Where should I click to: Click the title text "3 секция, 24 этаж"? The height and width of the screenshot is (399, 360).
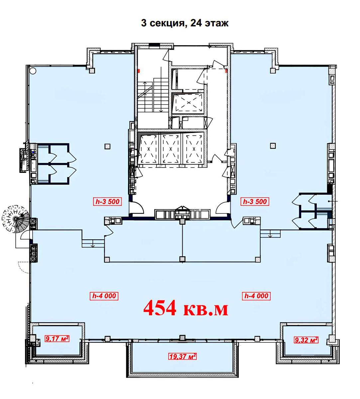(185, 23)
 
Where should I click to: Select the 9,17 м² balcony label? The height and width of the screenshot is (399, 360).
(57, 338)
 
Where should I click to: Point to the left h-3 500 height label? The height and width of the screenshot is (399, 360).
(107, 201)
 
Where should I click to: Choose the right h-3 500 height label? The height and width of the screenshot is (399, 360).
(255, 201)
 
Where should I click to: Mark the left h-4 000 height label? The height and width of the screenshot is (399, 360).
(104, 296)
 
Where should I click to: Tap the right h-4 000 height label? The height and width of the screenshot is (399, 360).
(256, 296)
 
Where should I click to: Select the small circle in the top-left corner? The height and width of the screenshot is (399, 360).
(33, 70)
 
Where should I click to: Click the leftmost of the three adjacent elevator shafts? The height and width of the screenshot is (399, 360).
(148, 148)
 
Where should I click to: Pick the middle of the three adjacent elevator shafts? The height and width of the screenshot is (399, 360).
(170, 148)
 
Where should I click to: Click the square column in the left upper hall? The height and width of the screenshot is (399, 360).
(107, 146)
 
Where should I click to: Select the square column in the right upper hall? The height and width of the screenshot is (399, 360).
(273, 146)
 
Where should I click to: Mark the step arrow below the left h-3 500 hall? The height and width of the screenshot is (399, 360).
(93, 243)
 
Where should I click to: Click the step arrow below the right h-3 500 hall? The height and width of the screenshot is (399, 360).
(270, 233)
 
